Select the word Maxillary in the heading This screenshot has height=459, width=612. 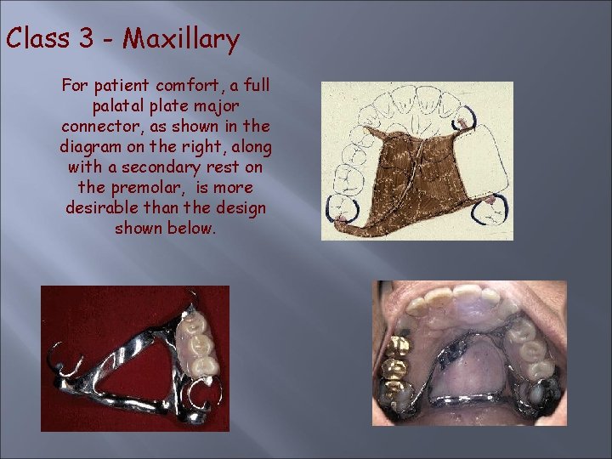pos(180,39)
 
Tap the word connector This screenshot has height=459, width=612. pos(99,127)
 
